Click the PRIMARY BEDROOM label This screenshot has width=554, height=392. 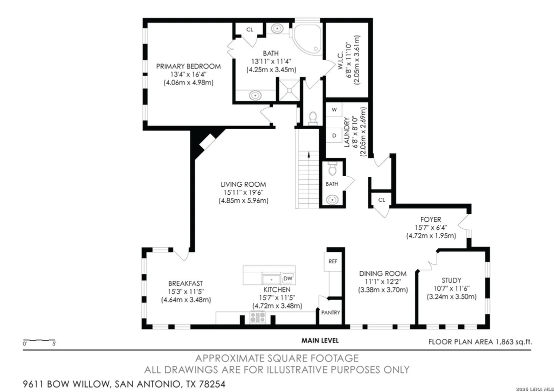coord(188,66)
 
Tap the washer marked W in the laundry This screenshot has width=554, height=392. coord(334,110)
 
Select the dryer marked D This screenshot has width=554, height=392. coord(334,135)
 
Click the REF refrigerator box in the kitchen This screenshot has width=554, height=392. coord(333,261)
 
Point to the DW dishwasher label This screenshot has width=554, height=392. coord(288,278)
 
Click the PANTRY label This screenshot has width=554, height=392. coord(330,313)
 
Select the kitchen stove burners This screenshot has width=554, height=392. coord(257,317)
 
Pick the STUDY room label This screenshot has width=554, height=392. coord(451,280)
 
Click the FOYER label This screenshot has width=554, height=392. coord(430,220)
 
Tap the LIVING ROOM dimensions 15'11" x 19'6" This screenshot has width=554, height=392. coord(243,192)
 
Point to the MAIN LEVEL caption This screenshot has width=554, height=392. coord(320,341)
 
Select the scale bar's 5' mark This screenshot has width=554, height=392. coord(54,343)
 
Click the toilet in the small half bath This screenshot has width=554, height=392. coord(332,169)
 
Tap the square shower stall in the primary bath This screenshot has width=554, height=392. coord(289,90)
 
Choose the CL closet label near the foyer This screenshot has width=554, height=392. coord(381,200)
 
